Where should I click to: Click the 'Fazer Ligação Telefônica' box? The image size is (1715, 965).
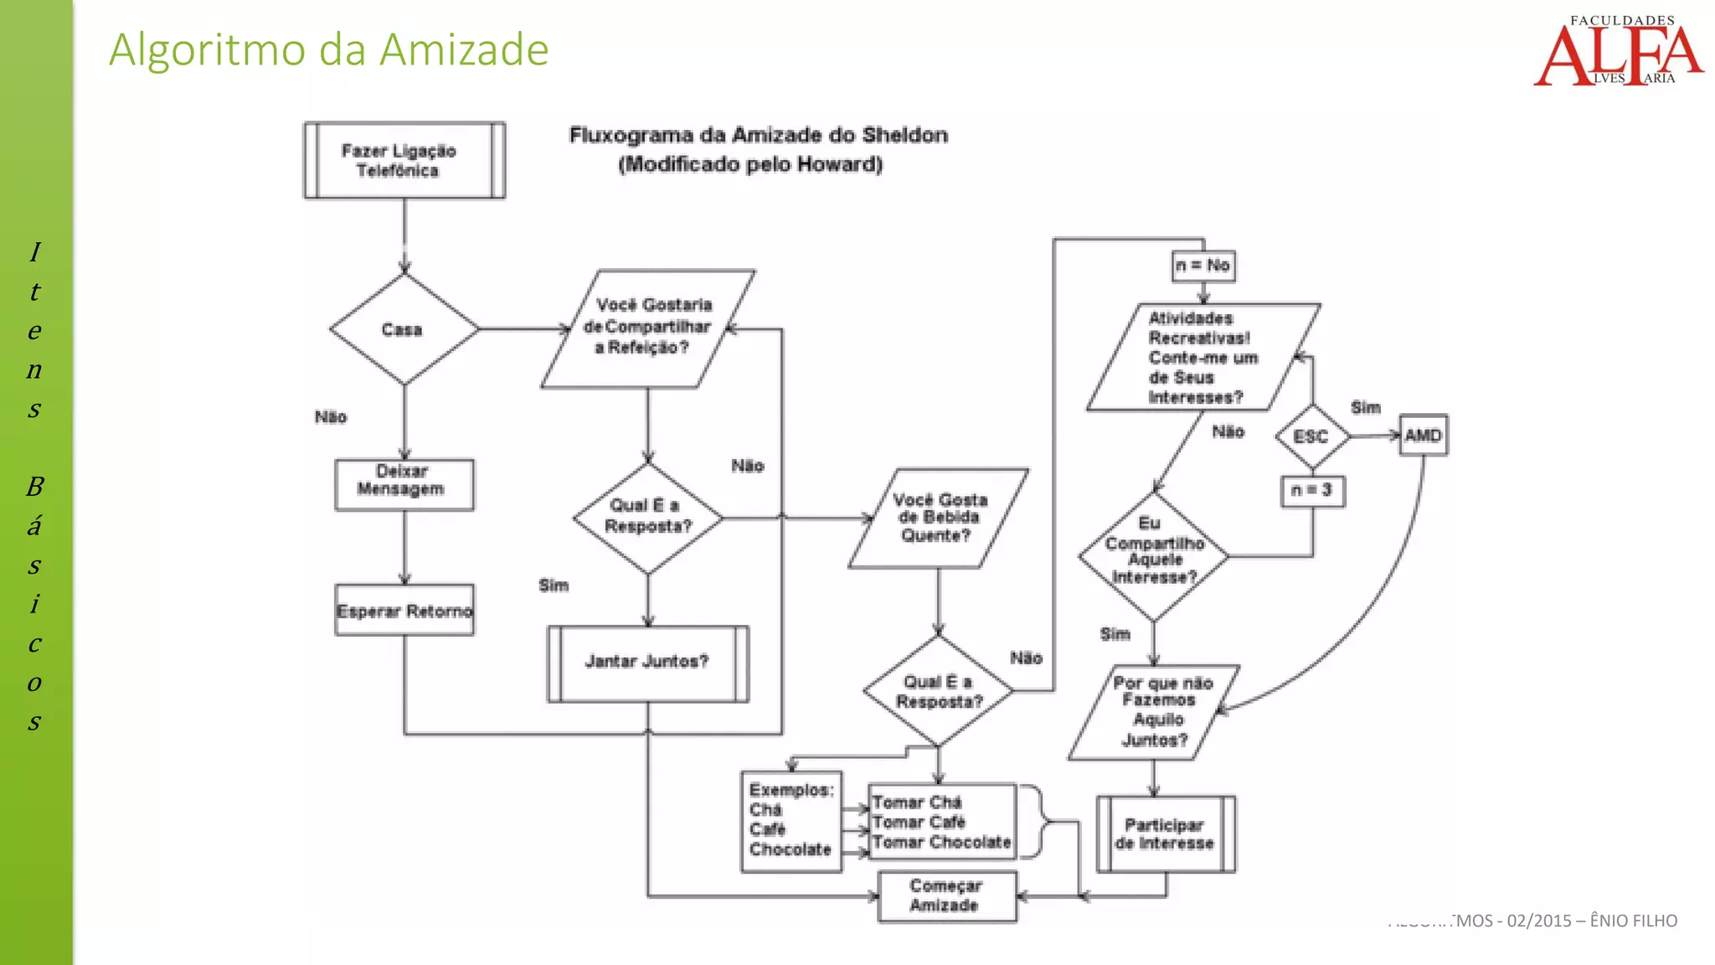pos(404,161)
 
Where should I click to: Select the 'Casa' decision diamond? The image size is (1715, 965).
pos(404,329)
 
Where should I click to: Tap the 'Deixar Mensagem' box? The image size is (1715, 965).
pos(404,484)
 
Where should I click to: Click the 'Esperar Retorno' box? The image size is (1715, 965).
pos(404,611)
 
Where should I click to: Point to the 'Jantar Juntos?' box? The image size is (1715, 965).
pos(647,663)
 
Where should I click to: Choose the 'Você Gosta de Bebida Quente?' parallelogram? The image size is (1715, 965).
pos(938,519)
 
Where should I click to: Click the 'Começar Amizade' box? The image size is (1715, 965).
pos(946,896)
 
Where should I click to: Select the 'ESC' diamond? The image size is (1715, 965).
pos(1311,436)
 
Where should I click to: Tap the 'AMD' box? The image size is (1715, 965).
pos(1423,436)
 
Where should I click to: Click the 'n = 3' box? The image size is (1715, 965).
pos(1312,491)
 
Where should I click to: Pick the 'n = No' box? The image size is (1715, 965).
pos(1203,266)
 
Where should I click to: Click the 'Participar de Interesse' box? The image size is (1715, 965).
pos(1165,834)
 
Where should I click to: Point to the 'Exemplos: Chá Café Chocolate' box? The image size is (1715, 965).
pos(791,821)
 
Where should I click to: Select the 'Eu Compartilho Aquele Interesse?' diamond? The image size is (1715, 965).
pos(1153,554)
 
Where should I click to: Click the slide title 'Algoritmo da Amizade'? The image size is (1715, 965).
pos(328,49)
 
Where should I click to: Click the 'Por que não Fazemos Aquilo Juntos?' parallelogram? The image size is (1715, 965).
pos(1156,712)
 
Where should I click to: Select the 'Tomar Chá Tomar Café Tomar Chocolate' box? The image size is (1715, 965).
pos(942,822)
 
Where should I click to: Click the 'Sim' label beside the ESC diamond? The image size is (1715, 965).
pos(1365,408)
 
